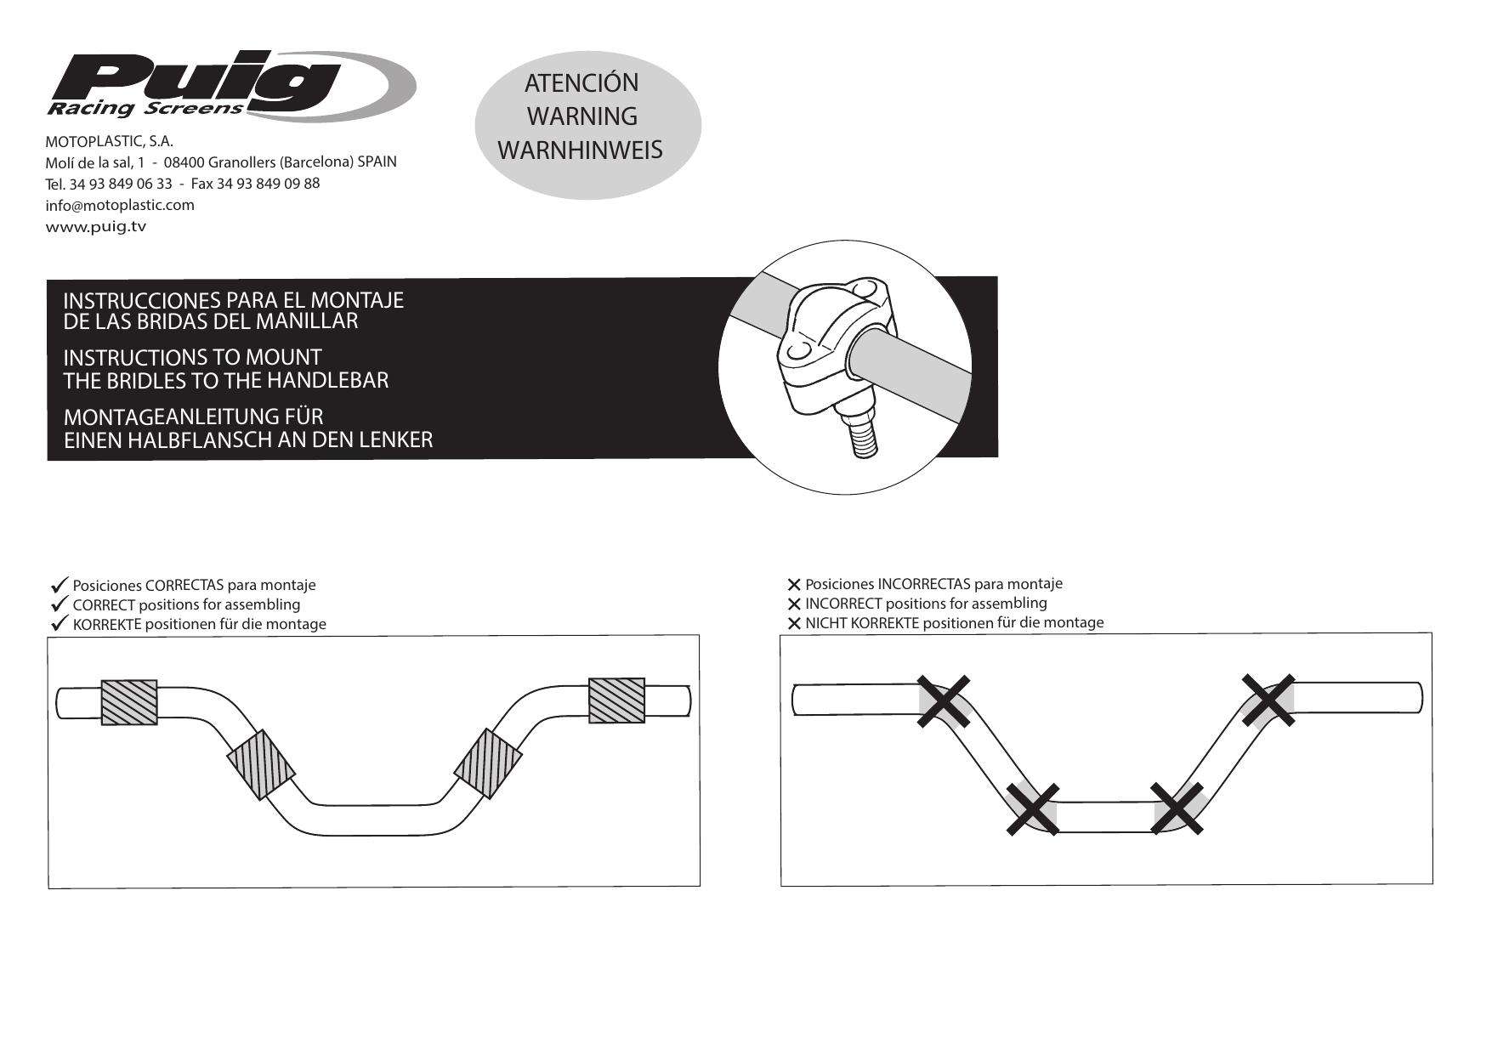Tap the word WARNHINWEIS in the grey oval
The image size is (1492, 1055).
[x=580, y=150]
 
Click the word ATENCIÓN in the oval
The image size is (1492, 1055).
[x=581, y=83]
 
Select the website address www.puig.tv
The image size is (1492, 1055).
[x=95, y=226]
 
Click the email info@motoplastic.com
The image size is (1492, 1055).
[x=119, y=205]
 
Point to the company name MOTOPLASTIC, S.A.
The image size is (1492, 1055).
[x=109, y=140]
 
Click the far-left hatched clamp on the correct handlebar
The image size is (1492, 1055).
[x=129, y=702]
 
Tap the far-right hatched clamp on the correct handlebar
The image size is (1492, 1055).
[x=616, y=700]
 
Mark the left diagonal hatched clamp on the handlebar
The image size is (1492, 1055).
[x=261, y=763]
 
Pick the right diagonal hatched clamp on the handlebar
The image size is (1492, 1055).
[x=487, y=763]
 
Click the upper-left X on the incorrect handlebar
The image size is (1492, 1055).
[x=944, y=701]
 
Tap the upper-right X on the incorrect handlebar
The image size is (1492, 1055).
[x=1268, y=700]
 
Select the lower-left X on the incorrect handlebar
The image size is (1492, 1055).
[x=1032, y=808]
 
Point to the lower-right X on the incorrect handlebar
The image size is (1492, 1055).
[x=1177, y=808]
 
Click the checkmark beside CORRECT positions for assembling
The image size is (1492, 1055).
[x=60, y=604]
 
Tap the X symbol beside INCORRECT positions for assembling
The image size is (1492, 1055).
[x=794, y=604]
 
